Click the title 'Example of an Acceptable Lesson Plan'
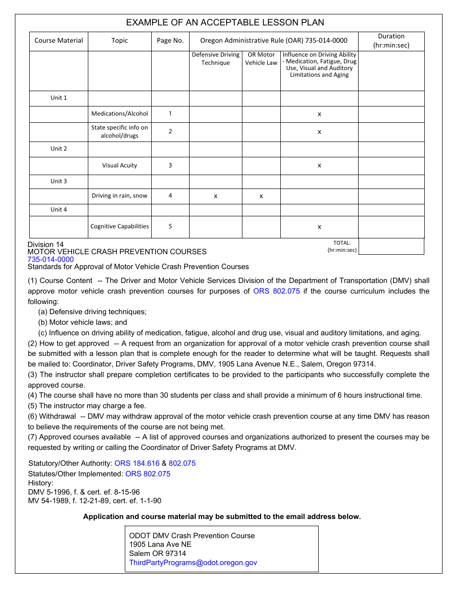(225, 23)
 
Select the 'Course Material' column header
(59, 41)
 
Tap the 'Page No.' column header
(170, 41)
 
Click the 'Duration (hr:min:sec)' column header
(391, 41)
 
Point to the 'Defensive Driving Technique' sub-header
(216, 59)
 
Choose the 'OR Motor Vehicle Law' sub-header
(261, 59)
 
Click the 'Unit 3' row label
(59, 181)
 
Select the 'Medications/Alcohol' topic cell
(120, 114)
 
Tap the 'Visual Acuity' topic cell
(120, 165)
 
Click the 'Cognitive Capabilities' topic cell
(120, 226)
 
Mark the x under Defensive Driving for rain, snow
(216, 196)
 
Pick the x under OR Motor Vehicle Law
(261, 196)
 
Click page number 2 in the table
(170, 131)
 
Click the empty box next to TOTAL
(391, 246)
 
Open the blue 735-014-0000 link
(50, 260)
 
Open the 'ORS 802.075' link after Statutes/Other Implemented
(148, 474)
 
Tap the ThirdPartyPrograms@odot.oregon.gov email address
(193, 563)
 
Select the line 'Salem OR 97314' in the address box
(157, 554)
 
